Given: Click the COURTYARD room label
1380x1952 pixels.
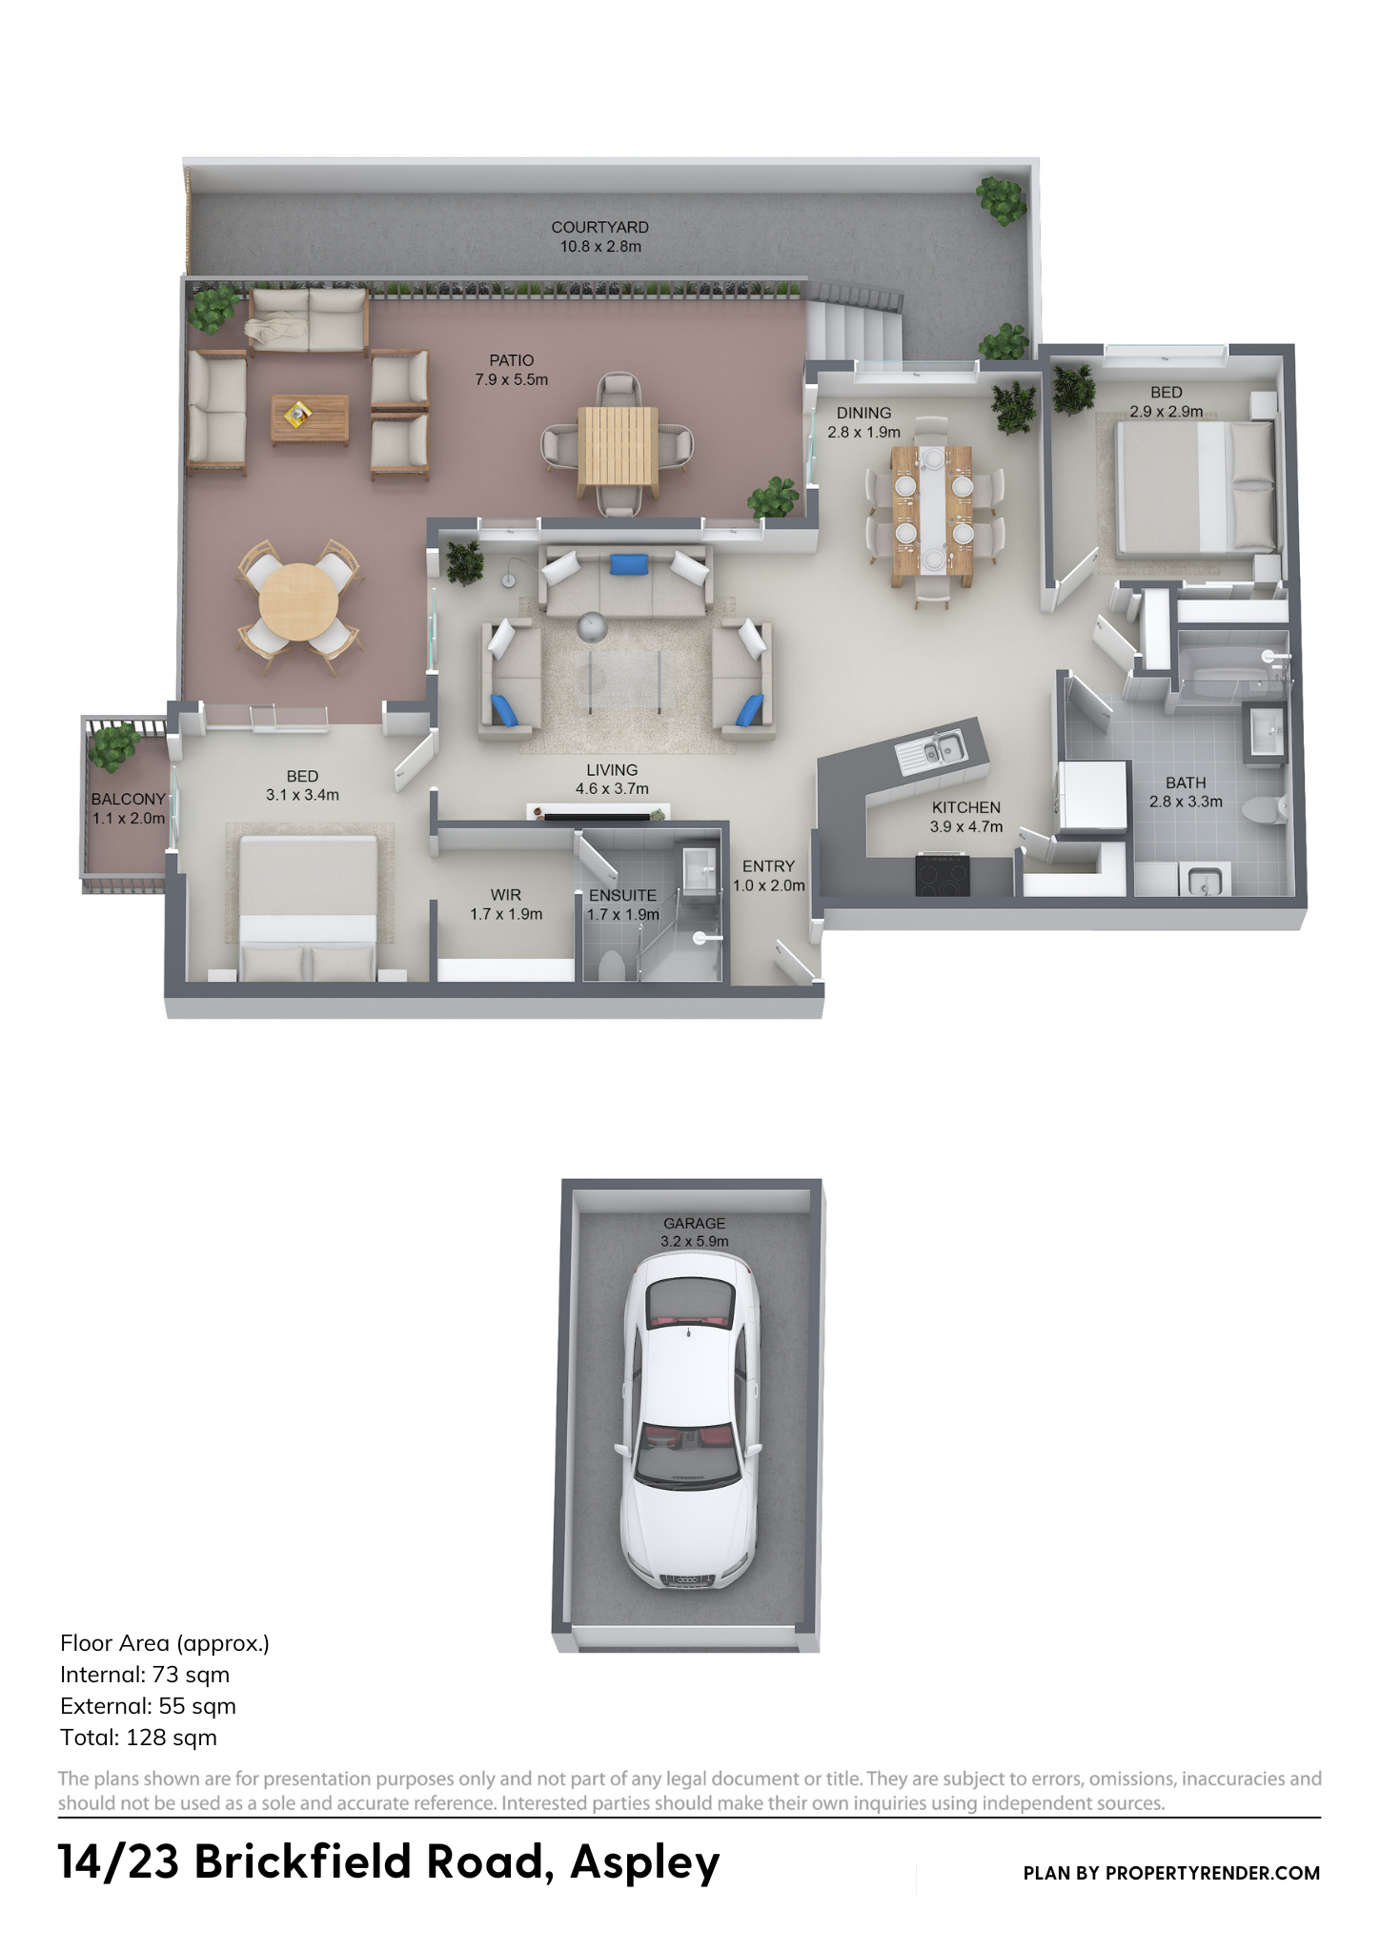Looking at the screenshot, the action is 600,227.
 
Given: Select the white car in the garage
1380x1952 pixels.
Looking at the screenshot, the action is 690,1420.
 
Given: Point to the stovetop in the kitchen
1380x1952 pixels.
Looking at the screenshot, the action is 943,875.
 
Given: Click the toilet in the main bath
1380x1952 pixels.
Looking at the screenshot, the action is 1265,808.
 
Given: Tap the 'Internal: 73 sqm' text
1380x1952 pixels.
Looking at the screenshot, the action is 145,1674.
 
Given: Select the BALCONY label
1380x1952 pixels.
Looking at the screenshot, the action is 129,799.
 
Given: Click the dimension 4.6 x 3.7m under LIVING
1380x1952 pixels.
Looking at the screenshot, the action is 612,788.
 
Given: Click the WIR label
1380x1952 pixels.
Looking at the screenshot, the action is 506,894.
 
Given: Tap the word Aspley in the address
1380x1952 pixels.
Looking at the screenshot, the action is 645,1861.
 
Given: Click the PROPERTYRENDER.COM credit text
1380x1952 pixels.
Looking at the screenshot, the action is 1212,1873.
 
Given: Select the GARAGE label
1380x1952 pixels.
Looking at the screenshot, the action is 695,1223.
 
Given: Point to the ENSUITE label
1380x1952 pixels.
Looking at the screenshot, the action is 622,895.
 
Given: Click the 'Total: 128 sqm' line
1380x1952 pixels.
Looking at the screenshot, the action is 138,1737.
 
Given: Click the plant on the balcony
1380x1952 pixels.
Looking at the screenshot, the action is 113,746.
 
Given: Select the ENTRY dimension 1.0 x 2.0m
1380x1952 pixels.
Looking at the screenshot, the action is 769,885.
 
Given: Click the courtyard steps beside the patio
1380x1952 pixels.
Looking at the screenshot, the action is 854,329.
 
